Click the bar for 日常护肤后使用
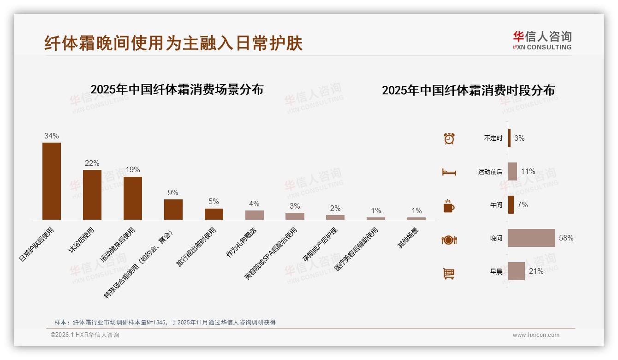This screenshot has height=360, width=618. coord(52,181)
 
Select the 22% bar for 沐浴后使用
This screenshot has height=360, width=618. coord(92,194)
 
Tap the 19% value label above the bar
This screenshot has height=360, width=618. coord(133,170)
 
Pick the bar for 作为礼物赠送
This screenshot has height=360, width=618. coord(255,215)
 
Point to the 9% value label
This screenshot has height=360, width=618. coord(173,193)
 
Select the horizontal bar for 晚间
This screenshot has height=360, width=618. coord(532,238)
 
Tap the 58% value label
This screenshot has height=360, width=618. coord(566,238)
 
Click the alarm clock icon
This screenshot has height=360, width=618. coord(449,138)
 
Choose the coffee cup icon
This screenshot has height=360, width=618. coord(449,206)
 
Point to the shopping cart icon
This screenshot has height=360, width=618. coord(449,274)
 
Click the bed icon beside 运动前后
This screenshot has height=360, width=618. coord(449,172)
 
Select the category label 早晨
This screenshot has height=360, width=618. coord(496,272)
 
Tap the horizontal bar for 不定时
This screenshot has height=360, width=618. coord(510,138)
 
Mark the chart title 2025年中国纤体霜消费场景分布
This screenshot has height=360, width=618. coord(177,90)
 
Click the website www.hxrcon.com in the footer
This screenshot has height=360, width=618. coord(536,335)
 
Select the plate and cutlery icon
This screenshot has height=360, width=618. coord(449,240)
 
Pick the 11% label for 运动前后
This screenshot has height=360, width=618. coord(528,172)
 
